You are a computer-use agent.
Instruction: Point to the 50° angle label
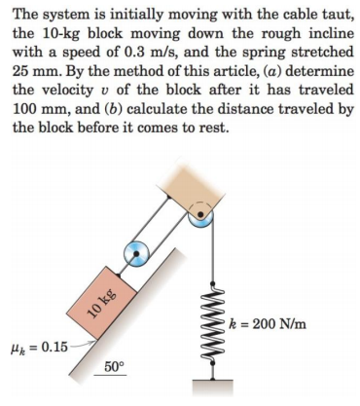tap(114, 367)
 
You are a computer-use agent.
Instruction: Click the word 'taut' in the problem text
tap(328, 14)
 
